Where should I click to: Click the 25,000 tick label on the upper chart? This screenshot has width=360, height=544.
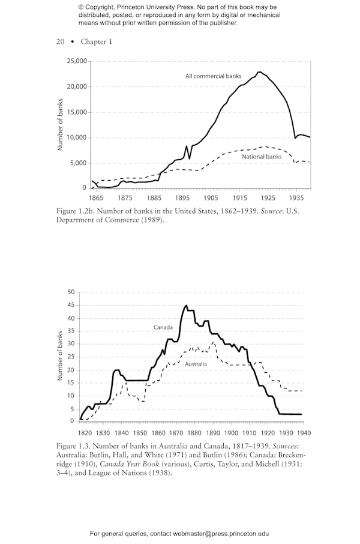point(77,61)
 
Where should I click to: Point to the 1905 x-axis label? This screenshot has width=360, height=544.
point(211,198)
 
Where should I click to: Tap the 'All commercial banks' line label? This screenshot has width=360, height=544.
point(213,76)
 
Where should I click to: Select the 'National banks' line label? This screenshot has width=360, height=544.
point(262,157)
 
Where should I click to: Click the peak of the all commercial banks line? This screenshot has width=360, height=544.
point(259,72)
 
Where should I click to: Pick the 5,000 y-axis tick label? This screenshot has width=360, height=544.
point(79,163)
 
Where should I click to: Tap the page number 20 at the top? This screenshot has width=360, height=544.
point(60,41)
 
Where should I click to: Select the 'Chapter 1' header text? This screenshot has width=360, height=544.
point(96,41)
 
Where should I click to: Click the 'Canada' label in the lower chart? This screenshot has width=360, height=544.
point(163,327)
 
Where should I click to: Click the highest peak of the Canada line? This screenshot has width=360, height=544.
point(186,306)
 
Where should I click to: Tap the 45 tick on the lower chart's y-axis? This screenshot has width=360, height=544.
point(71,305)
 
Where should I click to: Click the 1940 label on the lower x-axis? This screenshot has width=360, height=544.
point(304,432)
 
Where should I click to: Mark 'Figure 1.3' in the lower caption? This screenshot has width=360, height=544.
point(72,446)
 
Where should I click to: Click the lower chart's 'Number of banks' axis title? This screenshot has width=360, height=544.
point(60,356)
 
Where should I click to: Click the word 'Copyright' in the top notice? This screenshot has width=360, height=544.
point(100,7)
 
